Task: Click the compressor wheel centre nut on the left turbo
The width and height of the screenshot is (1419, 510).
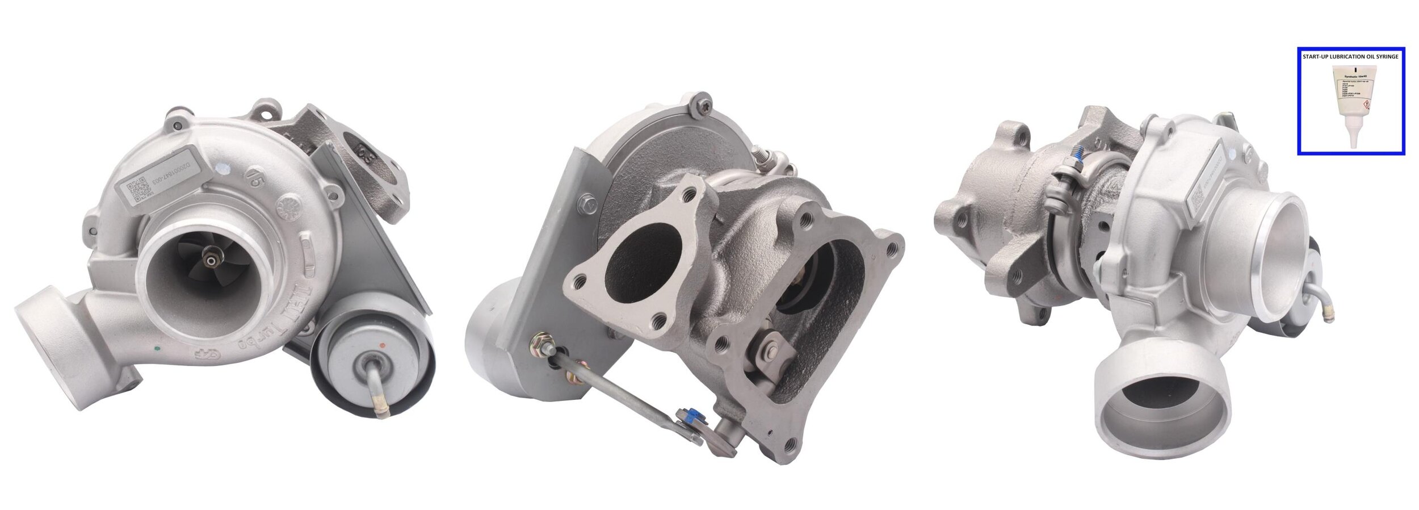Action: [x=212, y=261]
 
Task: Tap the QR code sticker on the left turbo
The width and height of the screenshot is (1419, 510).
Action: [x=138, y=193]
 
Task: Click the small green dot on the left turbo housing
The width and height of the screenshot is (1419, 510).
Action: [x=157, y=345]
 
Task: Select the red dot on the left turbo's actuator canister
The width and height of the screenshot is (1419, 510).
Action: [x=384, y=345]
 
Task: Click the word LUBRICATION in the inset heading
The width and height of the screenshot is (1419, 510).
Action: [x=1346, y=57]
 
